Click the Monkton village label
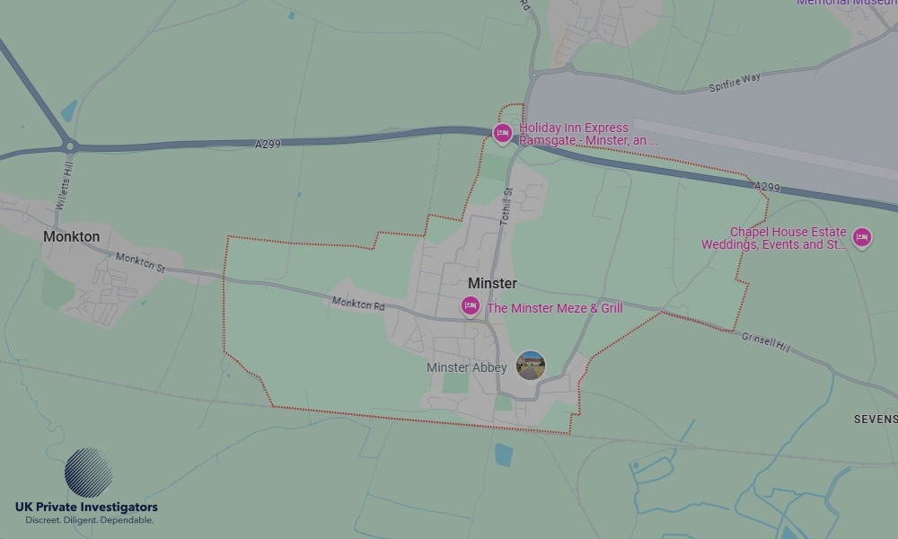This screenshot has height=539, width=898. [71, 236]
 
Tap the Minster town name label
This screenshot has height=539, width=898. [492, 283]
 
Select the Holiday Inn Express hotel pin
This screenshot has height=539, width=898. [503, 135]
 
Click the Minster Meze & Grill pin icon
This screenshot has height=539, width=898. [470, 307]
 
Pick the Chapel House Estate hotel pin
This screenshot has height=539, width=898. [862, 237]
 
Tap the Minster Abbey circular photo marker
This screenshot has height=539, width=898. [531, 366]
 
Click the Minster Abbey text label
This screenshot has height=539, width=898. [466, 367]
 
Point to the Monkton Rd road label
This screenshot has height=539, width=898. [358, 304]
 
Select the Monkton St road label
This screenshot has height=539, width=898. [141, 261]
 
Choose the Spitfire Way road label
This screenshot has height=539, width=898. [734, 81]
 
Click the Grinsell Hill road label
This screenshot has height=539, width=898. [765, 341]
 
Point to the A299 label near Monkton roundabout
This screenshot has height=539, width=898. [268, 143]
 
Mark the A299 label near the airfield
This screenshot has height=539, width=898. [767, 186]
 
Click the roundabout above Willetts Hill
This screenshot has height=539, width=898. [69, 146]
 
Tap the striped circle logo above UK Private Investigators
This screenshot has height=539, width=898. [88, 473]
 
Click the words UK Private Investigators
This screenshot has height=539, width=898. [86, 508]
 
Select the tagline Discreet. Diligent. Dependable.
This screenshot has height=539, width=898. [89, 520]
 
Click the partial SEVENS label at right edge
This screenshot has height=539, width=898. [875, 420]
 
